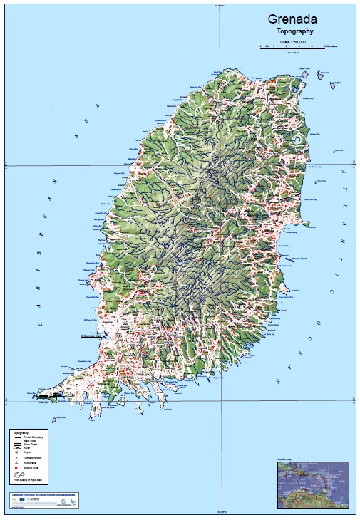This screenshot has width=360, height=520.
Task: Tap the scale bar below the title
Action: coord(292,46)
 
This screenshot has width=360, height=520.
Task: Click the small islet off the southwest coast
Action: coord(54,420)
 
